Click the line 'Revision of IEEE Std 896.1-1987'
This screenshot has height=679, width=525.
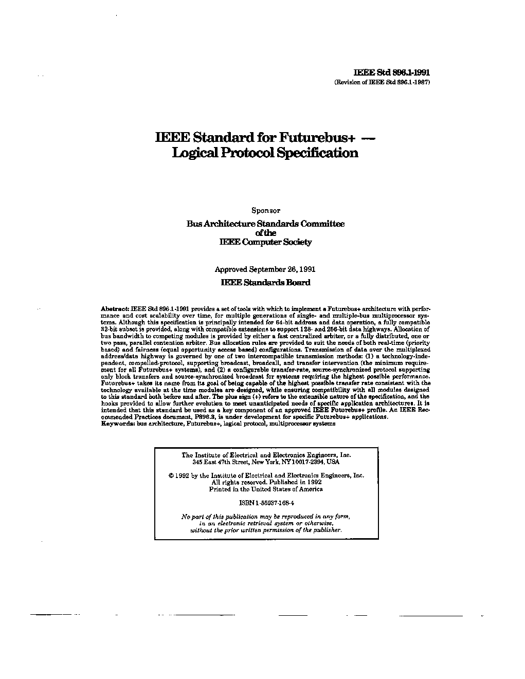pyautogui.click(x=382, y=82)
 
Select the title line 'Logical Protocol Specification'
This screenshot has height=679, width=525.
pyautogui.click(x=265, y=153)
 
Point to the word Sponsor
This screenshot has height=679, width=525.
pyautogui.click(x=265, y=210)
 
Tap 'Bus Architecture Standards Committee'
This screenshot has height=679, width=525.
pyautogui.click(x=265, y=224)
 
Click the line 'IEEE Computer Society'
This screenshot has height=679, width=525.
pyautogui.click(x=265, y=242)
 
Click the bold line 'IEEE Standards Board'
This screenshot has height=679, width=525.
pyautogui.click(x=265, y=282)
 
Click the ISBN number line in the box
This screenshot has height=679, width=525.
pyautogui.click(x=266, y=503)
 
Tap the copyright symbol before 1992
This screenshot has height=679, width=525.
pyautogui.click(x=171, y=476)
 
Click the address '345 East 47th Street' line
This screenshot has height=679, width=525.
pyautogui.click(x=266, y=462)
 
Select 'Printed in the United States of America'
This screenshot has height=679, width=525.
pyautogui.click(x=266, y=489)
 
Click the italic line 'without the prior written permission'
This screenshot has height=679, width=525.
pyautogui.click(x=266, y=530)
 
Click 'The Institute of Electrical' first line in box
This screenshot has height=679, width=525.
pyautogui.click(x=266, y=455)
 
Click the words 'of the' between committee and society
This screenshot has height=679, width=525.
pyautogui.click(x=265, y=233)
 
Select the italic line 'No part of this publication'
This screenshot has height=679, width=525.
pyautogui.click(x=266, y=516)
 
